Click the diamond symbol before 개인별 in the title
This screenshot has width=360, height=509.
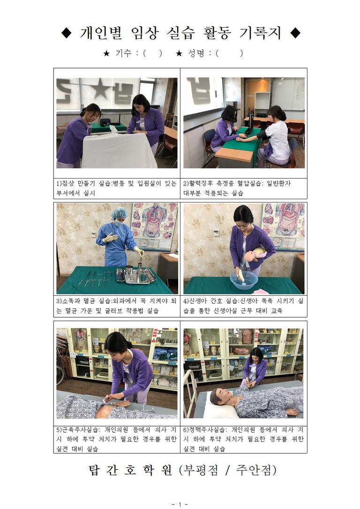click(x=67, y=33)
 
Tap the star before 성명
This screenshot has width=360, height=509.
click(x=179, y=53)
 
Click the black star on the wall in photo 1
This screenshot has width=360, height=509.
click(x=99, y=89)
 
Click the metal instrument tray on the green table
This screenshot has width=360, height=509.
click(x=136, y=276)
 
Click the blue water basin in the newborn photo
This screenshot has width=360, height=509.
click(x=245, y=280)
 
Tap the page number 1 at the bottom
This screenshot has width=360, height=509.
click(x=180, y=504)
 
